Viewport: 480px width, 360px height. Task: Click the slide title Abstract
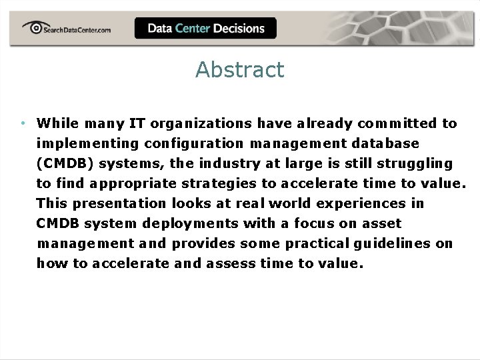click(x=239, y=69)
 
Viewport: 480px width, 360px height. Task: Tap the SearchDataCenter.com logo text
click(x=75, y=29)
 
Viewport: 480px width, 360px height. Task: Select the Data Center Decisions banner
click(x=205, y=28)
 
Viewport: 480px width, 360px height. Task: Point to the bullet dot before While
click(x=23, y=123)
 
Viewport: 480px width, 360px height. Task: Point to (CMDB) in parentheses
click(x=65, y=163)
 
